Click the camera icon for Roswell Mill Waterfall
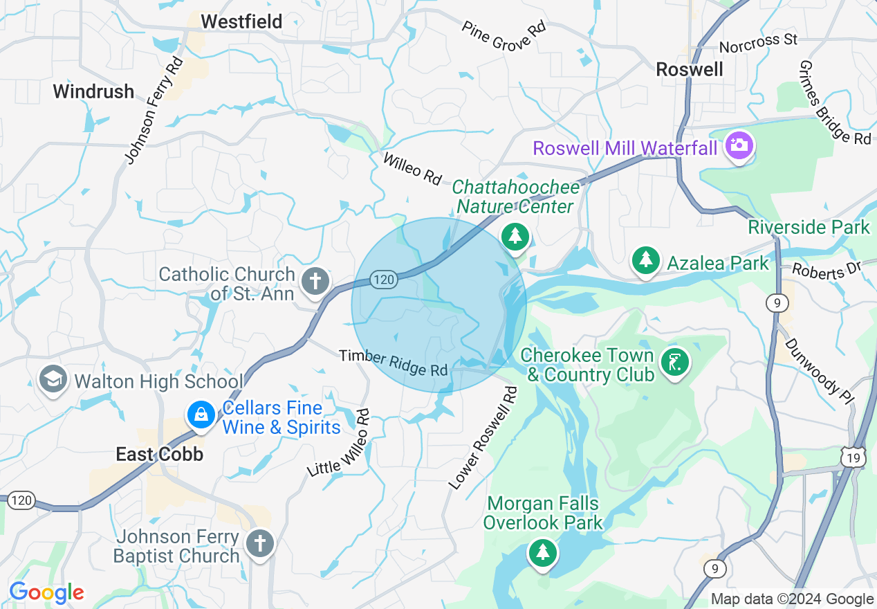point(739,145)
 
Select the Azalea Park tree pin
point(646,261)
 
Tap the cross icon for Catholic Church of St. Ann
point(315,282)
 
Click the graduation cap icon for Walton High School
point(53,379)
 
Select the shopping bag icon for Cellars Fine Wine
point(200,415)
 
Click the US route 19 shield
point(853,457)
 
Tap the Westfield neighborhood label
point(241,22)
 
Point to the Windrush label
point(93,91)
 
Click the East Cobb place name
point(159,454)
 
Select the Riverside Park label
point(809,227)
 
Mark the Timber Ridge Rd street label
point(393,363)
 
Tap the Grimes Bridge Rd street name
point(834,102)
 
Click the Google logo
point(46,592)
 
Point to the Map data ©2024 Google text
point(792,599)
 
